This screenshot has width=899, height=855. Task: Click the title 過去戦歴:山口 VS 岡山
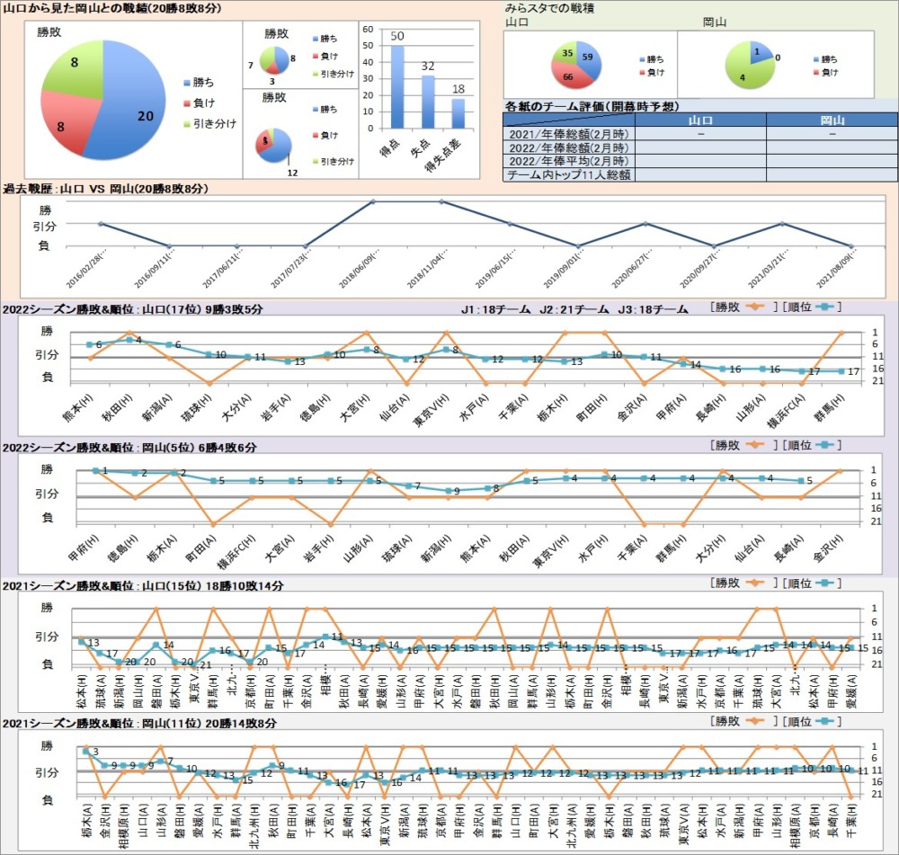coord(106,189)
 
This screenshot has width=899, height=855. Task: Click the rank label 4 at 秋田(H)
coord(138,339)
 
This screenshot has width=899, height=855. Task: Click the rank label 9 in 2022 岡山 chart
coord(457,491)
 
